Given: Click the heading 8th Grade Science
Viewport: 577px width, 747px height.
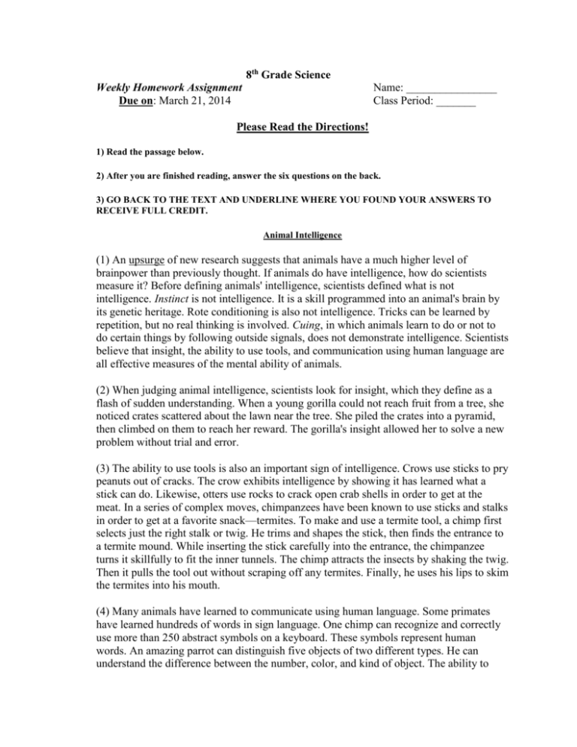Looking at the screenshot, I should click(x=288, y=76).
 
